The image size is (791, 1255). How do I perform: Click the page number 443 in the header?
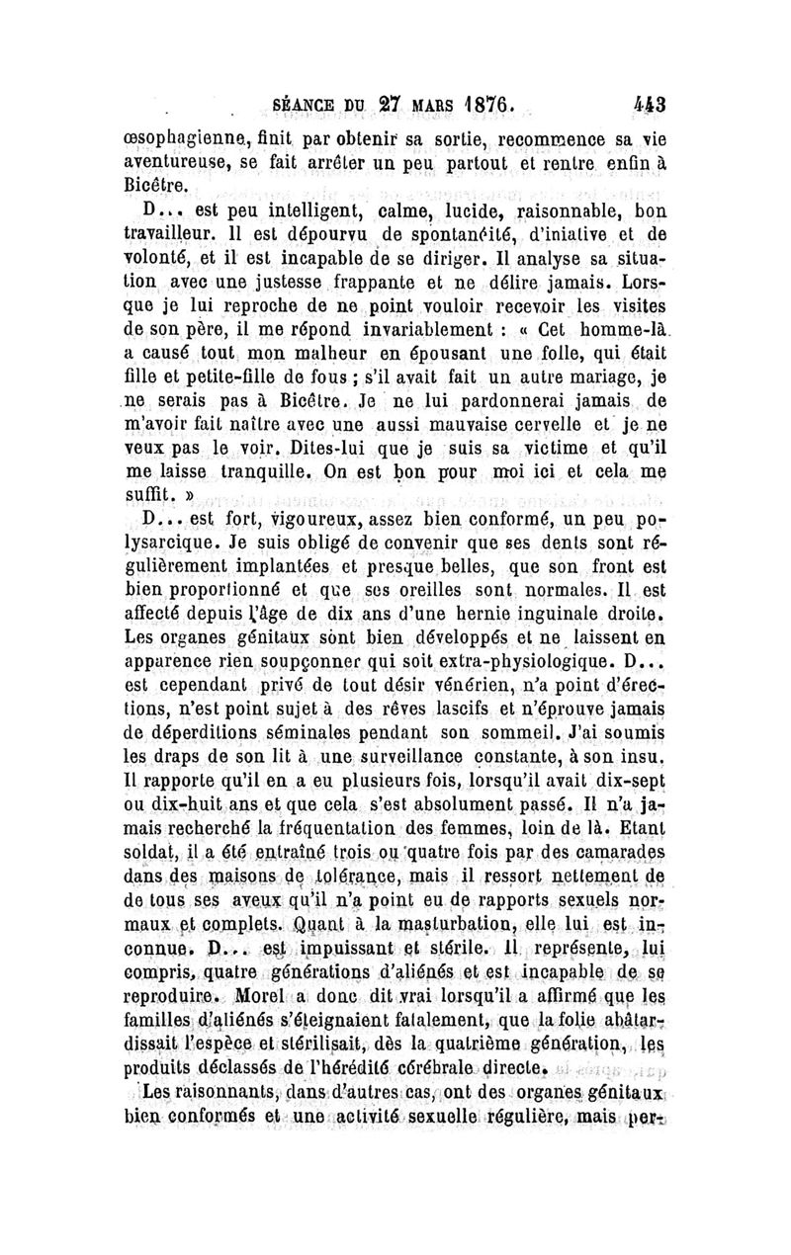[652, 105]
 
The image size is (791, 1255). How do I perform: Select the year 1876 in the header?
[480, 105]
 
